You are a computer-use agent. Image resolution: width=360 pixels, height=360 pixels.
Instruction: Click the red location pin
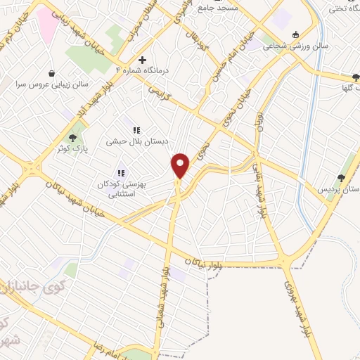[x=181, y=165]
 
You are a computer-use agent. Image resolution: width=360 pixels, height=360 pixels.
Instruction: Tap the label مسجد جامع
[x=220, y=7]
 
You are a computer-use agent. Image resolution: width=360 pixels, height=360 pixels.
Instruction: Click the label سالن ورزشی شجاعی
[x=286, y=45]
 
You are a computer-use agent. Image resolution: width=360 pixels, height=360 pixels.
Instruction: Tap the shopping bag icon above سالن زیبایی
[x=51, y=73]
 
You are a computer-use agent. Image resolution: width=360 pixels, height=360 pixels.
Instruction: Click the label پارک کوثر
[x=73, y=149]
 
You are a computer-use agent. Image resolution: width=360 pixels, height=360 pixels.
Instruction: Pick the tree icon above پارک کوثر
[x=73, y=138]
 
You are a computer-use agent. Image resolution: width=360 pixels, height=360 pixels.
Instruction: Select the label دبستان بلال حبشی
[x=137, y=141]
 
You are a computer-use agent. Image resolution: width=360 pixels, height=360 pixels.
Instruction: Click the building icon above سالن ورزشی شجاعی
[x=295, y=34]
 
